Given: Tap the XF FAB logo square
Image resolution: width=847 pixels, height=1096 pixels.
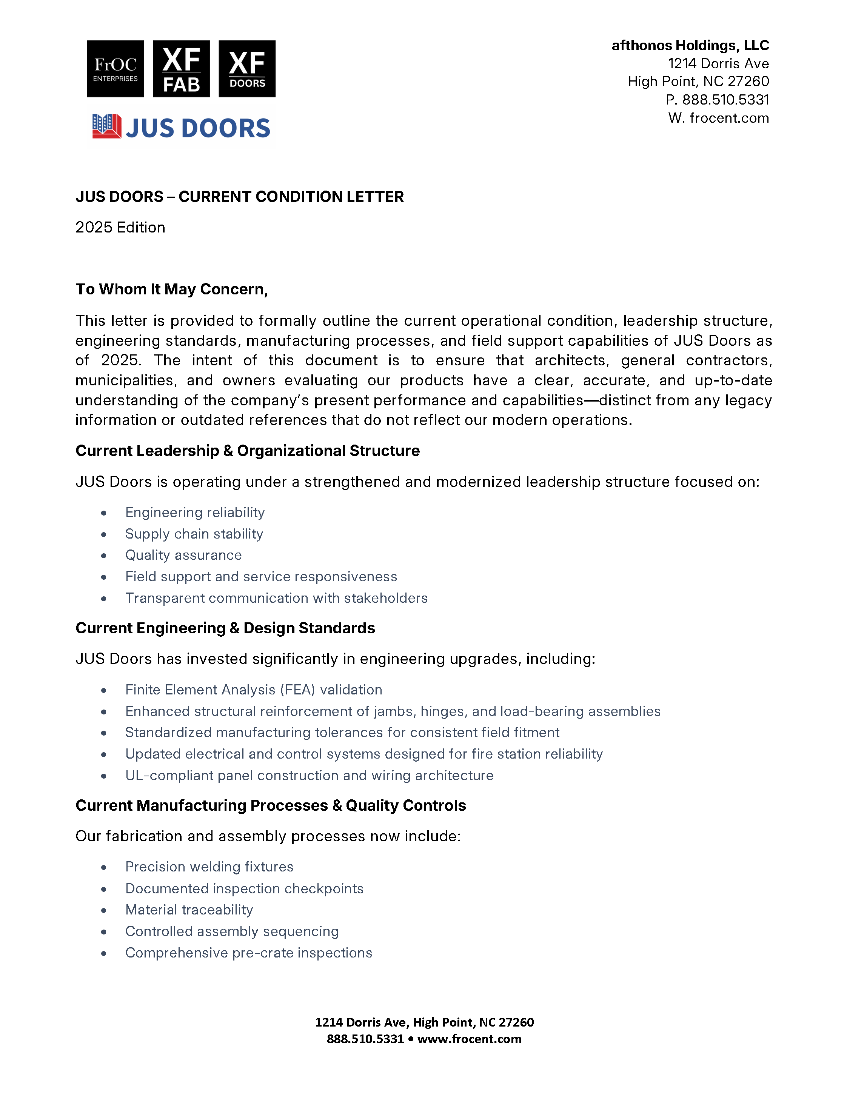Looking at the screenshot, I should [181, 69].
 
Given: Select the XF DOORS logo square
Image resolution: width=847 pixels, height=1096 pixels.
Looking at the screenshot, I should [247, 69].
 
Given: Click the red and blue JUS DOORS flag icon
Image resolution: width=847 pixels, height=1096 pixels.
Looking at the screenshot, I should [106, 126].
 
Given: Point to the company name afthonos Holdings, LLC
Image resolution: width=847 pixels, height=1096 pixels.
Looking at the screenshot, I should [690, 46].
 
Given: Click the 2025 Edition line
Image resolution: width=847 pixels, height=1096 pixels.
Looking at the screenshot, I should [120, 227].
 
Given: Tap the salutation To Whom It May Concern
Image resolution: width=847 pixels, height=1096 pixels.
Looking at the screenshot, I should [172, 289].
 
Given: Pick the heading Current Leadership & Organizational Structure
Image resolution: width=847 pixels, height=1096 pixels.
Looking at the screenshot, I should [247, 451].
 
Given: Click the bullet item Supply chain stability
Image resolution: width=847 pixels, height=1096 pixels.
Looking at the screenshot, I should [194, 534].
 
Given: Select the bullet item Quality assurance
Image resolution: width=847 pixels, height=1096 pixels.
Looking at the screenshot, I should [184, 555].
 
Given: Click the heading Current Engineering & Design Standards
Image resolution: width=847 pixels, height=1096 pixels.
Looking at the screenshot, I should [225, 628].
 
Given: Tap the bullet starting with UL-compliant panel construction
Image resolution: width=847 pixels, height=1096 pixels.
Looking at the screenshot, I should [309, 776].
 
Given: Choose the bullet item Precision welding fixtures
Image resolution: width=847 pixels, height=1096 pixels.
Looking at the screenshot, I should [209, 867].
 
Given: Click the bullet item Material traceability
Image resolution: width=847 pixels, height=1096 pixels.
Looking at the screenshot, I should [189, 910].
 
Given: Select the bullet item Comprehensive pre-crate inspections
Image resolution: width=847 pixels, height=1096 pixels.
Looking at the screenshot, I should [249, 953].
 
